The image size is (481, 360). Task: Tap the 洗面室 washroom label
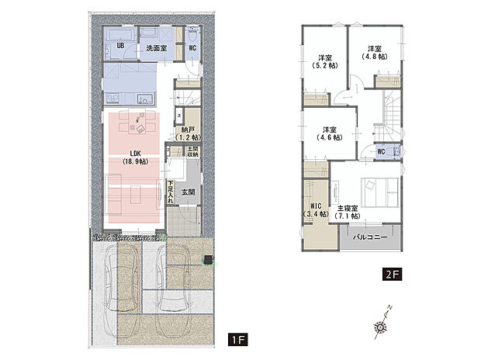[x=157, y=48]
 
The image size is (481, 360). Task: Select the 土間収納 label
[x=192, y=152]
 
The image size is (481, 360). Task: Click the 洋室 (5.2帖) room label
[x=324, y=61]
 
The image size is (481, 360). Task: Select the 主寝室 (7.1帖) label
[x=348, y=213]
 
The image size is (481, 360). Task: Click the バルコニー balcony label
[x=369, y=237]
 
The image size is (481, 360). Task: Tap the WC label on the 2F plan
[x=381, y=151]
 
